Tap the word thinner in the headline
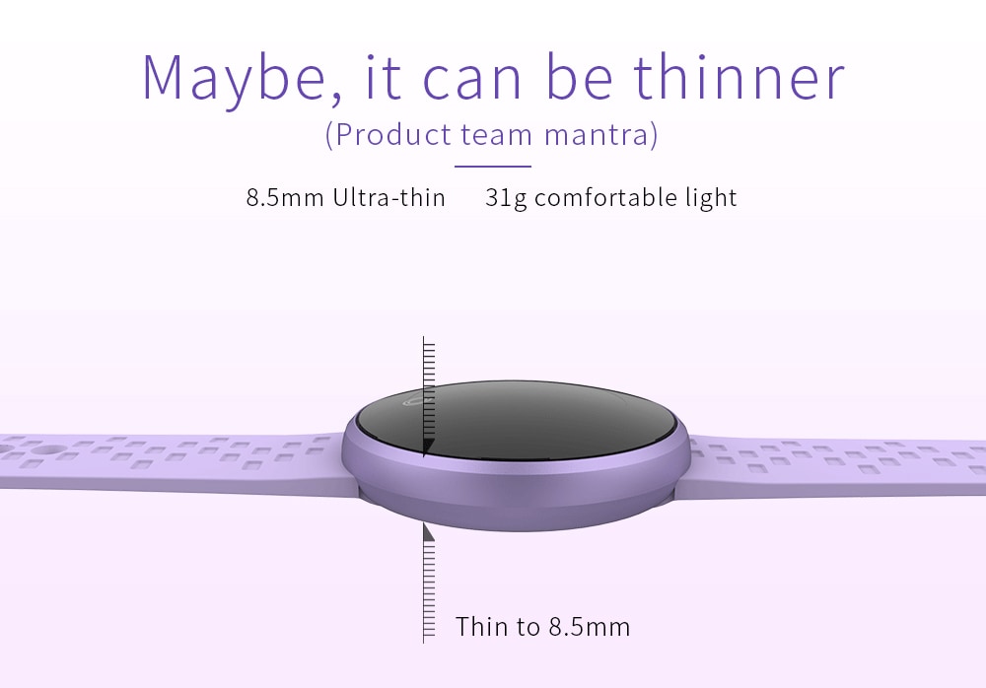[739, 77]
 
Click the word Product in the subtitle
[393, 135]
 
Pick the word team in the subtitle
[497, 136]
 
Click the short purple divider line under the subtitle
[493, 167]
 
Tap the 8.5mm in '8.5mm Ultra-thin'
[285, 198]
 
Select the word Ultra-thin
[389, 197]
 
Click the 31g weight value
[506, 199]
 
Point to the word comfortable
[605, 197]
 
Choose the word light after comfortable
[711, 199]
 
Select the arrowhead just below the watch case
[428, 532]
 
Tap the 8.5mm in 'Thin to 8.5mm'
[590, 627]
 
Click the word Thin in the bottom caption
[481, 626]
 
